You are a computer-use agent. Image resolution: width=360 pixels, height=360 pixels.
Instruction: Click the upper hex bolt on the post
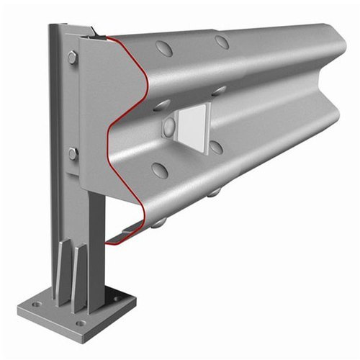pyautogui.click(x=73, y=58)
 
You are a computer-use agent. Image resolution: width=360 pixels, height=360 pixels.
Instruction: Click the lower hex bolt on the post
pyautogui.click(x=73, y=153)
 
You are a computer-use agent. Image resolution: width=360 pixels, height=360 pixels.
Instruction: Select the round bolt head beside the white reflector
pyautogui.click(x=170, y=127)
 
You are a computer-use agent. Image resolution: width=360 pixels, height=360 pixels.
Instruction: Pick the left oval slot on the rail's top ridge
pyautogui.click(x=164, y=49)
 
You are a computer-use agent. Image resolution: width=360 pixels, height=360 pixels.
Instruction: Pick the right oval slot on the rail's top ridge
pyautogui.click(x=222, y=42)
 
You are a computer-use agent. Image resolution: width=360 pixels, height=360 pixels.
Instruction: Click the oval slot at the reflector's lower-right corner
pyautogui.click(x=215, y=147)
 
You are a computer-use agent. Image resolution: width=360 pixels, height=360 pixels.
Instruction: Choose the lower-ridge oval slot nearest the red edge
pyautogui.click(x=160, y=170)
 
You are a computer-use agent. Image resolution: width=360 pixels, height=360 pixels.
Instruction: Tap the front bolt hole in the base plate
pyautogui.click(x=81, y=323)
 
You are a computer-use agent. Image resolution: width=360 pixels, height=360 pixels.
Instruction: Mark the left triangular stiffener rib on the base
pyautogui.click(x=64, y=270)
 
